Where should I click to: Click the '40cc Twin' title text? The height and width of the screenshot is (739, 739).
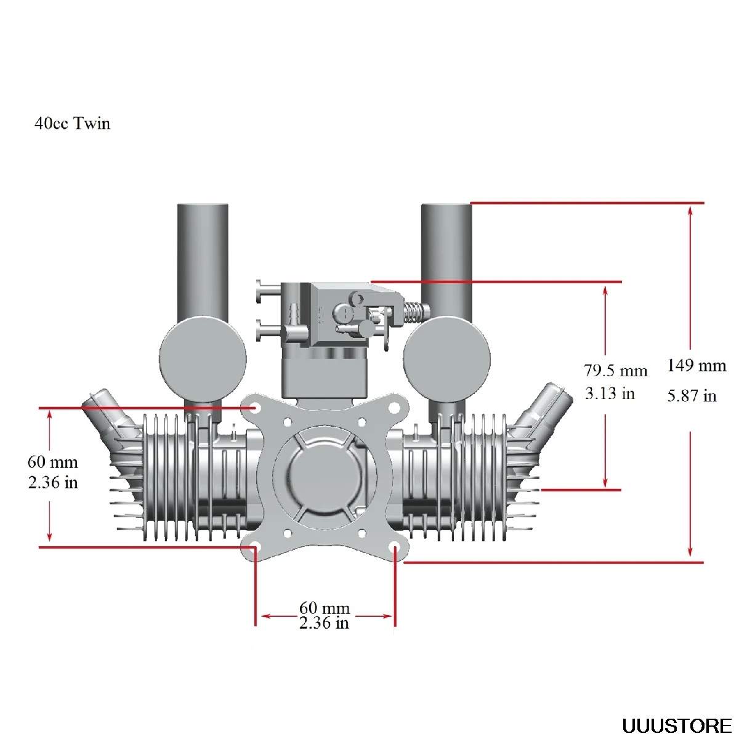pyautogui.click(x=73, y=123)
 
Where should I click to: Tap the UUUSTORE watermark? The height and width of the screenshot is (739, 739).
pyautogui.click(x=676, y=725)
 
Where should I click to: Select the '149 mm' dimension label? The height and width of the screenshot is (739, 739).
pyautogui.click(x=697, y=366)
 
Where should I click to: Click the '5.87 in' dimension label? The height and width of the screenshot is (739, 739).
pyautogui.click(x=692, y=395)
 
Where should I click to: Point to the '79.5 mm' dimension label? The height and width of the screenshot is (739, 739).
pyautogui.click(x=616, y=370)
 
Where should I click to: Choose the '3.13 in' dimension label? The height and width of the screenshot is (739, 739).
pyautogui.click(x=610, y=394)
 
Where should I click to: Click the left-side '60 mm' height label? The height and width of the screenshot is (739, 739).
pyautogui.click(x=52, y=462)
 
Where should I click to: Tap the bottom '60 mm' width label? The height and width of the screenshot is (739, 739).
pyautogui.click(x=325, y=608)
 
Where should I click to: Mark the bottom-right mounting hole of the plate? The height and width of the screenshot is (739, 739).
pyautogui.click(x=395, y=547)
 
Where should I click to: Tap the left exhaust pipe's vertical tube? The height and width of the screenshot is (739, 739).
pyautogui.click(x=203, y=259)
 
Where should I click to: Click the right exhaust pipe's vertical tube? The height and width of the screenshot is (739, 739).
pyautogui.click(x=446, y=259)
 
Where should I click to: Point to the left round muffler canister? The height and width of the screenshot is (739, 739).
pyautogui.click(x=203, y=359)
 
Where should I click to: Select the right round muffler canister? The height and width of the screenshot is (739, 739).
pyautogui.click(x=446, y=359)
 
